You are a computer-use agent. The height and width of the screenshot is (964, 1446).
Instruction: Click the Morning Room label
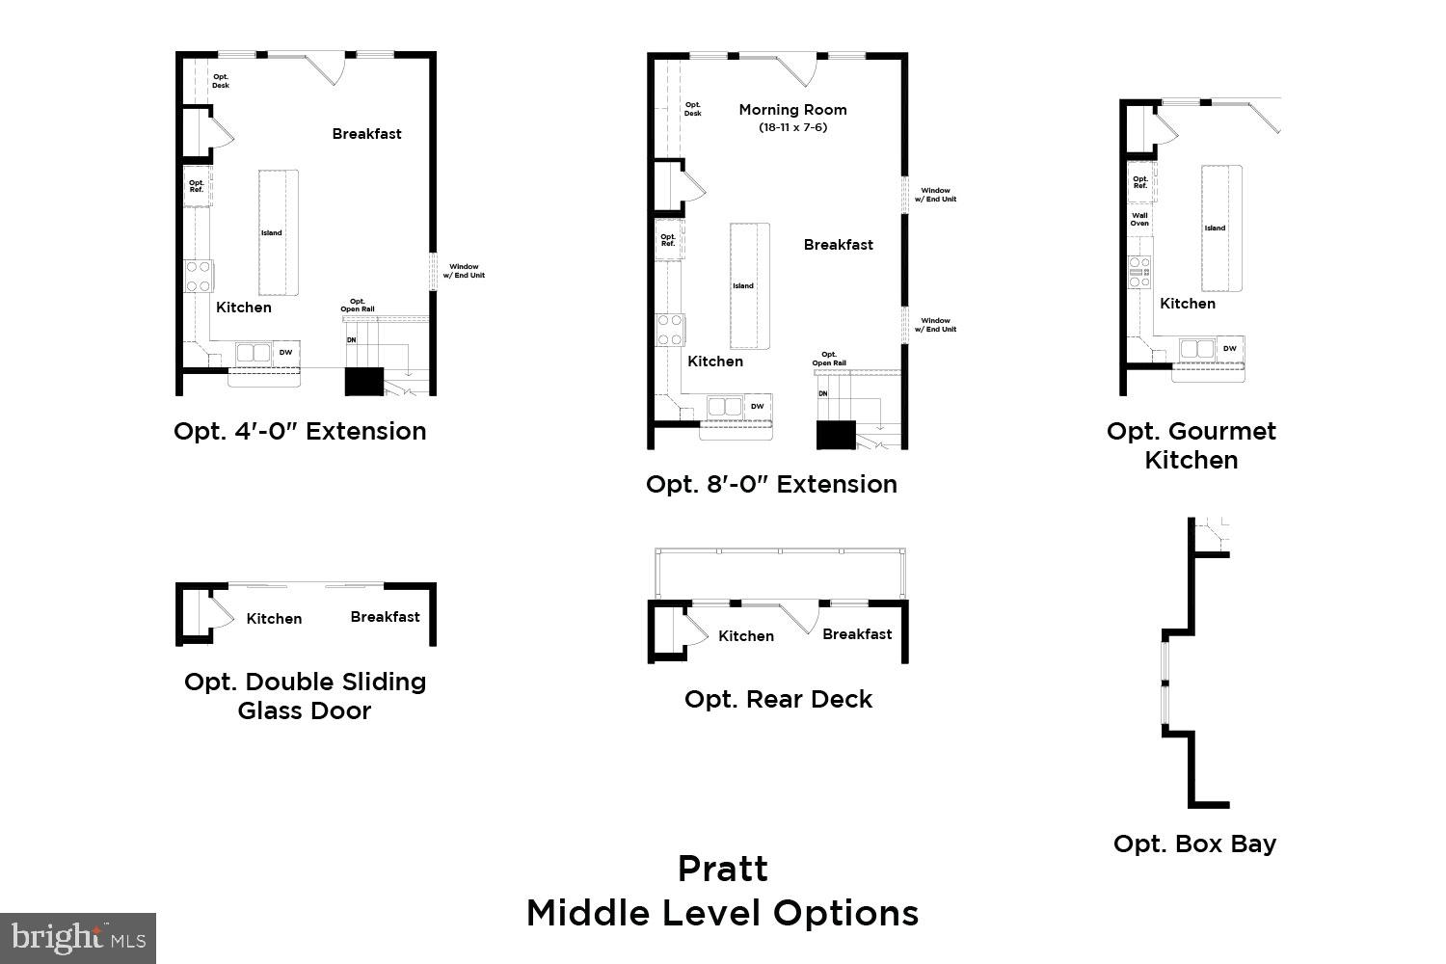[x=792, y=110]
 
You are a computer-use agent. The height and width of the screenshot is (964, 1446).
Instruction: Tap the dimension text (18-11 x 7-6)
[x=792, y=127]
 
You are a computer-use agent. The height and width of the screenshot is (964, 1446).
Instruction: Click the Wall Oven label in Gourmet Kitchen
[x=1140, y=220]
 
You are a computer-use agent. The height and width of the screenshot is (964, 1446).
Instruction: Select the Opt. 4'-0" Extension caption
[x=300, y=431]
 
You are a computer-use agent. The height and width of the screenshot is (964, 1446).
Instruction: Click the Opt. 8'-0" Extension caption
[x=771, y=484]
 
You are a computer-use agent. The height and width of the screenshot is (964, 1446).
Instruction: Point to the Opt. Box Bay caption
[x=1194, y=843]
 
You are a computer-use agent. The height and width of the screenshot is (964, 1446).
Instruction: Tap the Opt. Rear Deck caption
[x=778, y=699]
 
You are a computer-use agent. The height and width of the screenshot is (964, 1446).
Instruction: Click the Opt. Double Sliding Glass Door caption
[x=305, y=696]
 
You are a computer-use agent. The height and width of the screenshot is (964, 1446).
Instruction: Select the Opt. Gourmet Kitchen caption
[x=1192, y=445]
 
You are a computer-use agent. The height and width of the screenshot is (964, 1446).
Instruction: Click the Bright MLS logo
[x=77, y=937]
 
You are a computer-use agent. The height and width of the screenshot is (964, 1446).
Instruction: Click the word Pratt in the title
[x=723, y=869]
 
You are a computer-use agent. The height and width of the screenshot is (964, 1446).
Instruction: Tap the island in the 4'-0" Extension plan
[x=278, y=232]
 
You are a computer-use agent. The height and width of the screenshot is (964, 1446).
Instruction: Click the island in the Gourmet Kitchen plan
[x=1220, y=228]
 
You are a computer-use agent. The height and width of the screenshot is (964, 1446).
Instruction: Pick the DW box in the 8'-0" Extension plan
[x=758, y=407]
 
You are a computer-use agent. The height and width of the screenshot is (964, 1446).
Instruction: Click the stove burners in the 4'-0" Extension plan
[x=199, y=277]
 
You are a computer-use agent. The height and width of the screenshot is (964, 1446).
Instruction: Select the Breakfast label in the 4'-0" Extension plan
[x=366, y=134]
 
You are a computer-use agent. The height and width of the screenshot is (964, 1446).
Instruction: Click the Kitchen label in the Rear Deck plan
[x=746, y=636]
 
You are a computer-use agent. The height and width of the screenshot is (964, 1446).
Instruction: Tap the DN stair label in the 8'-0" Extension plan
[x=823, y=394]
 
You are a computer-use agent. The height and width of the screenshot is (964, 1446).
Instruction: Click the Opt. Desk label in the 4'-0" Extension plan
[x=221, y=81]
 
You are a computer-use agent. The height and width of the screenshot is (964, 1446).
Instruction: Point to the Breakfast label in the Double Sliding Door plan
[x=385, y=617]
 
